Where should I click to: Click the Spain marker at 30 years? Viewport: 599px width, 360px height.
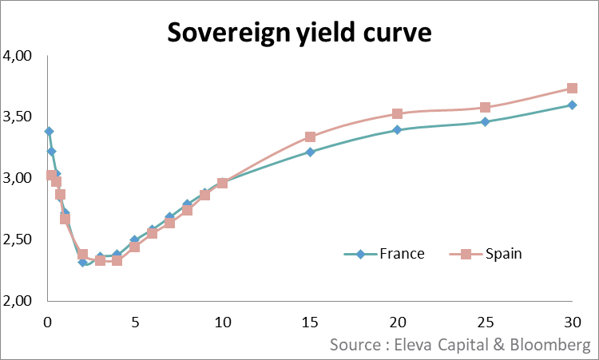coord(572,89)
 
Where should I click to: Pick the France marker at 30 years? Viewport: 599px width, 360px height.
coord(572,105)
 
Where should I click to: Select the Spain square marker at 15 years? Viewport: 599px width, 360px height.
coord(310,137)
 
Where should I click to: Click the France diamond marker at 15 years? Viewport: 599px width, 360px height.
coord(310,152)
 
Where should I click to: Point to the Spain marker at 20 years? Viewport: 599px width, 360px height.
coord(397,114)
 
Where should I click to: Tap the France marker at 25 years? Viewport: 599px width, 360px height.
coord(485,122)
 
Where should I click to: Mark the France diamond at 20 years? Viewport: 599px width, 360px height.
coord(397,129)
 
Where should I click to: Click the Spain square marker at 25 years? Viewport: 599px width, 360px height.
coord(485,108)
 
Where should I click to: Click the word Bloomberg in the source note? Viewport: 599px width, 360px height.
coord(551,346)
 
